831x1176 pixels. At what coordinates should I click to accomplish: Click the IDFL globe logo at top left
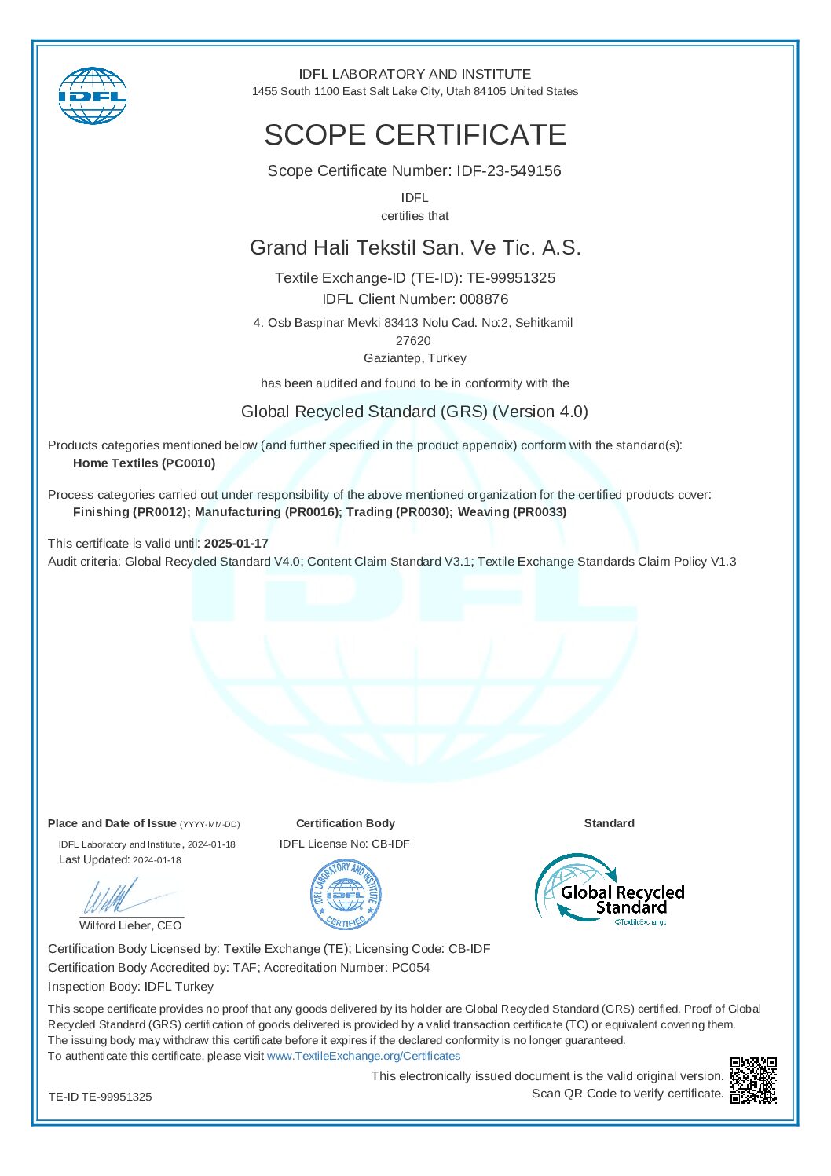pos(92,96)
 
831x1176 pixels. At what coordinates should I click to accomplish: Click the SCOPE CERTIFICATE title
pos(415,135)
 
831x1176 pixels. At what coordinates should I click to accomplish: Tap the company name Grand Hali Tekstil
pos(415,247)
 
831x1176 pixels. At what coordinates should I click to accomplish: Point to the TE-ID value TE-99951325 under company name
pos(511,278)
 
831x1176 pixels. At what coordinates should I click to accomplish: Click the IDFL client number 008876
pos(484,299)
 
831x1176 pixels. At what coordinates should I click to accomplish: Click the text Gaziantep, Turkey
pos(415,358)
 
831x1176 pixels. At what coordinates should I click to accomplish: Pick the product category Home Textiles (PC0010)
pos(144,463)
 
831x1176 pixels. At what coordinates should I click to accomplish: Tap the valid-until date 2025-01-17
pos(236,544)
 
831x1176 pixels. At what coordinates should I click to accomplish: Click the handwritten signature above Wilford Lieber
pos(118,896)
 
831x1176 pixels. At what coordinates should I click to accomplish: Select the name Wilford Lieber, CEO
pos(130,925)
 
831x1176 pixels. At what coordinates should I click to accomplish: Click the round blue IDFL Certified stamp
pos(346,895)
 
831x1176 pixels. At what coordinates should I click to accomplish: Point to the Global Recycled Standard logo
pos(610,889)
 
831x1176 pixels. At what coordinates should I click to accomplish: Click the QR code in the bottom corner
pos(753,1080)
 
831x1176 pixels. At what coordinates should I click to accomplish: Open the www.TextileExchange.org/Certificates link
pos(364,1056)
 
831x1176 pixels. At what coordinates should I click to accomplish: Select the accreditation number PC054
pos(411,968)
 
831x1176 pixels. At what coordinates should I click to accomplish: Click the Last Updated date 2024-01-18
pos(157,860)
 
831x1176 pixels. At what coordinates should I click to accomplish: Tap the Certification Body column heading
pos(346,823)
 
